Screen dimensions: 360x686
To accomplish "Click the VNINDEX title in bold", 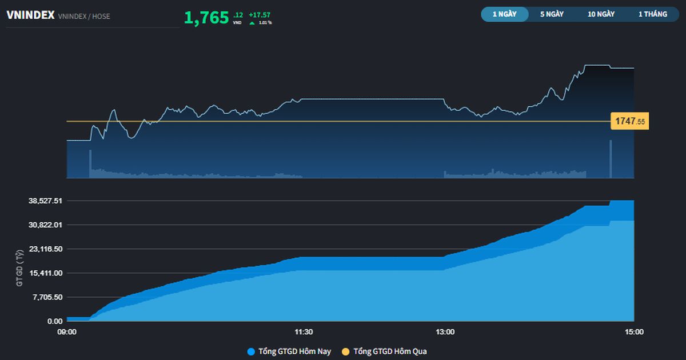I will (x=30, y=15).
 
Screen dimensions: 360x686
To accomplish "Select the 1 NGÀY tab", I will (x=504, y=14).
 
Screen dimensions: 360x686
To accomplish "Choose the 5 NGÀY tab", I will (x=552, y=14).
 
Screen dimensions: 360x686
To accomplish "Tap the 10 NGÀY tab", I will (x=601, y=14).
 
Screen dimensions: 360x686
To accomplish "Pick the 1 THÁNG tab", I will (x=652, y=14).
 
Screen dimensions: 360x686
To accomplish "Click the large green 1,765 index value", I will (x=206, y=18).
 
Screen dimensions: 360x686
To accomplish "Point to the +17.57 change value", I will (x=260, y=15).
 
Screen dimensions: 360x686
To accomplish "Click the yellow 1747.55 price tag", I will (x=629, y=121).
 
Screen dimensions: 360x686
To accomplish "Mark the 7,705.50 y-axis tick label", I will (x=46, y=297).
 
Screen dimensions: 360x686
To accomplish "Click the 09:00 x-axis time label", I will (x=67, y=332).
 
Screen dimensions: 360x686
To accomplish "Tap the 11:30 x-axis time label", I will (x=303, y=332).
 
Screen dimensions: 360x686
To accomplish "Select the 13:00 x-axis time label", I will (x=445, y=332).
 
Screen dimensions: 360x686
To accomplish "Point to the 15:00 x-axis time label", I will (x=633, y=332).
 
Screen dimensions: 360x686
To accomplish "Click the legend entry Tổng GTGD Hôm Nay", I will (x=289, y=351).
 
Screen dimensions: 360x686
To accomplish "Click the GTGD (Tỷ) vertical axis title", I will (x=20, y=267).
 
